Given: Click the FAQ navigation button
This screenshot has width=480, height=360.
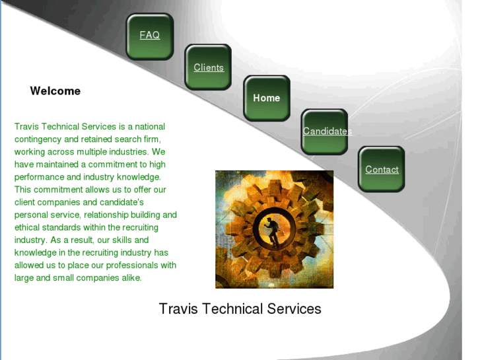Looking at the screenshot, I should (150, 36).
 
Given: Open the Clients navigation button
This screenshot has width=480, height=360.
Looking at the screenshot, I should (209, 67).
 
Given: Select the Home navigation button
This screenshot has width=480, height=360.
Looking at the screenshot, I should (267, 98).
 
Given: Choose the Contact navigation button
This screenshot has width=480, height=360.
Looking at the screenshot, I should (382, 170).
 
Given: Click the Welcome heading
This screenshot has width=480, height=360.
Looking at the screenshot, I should (55, 91).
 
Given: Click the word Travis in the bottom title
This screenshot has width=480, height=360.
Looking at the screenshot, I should (178, 309).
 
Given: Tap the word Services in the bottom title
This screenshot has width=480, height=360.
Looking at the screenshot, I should (294, 309).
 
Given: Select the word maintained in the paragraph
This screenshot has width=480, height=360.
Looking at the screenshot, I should (59, 164).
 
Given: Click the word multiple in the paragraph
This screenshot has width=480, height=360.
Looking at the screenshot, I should (86, 152).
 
